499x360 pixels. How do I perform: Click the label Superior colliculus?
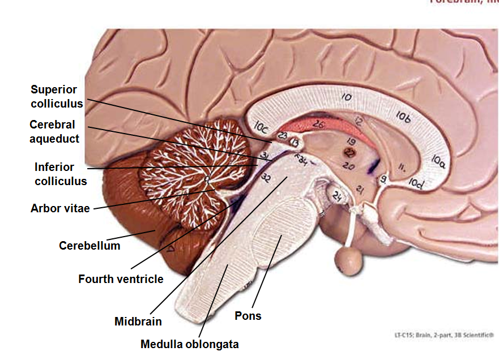[57, 97]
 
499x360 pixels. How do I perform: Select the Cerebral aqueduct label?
[54, 131]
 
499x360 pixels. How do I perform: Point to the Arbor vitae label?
[60, 208]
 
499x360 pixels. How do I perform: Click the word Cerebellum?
[89, 246]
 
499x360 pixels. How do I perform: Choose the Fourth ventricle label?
[121, 279]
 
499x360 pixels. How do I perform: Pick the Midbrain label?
[138, 322]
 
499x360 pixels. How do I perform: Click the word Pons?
[248, 316]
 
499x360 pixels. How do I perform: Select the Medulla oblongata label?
[190, 344]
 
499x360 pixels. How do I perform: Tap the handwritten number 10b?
[403, 117]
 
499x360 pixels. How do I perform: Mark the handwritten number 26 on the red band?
[318, 124]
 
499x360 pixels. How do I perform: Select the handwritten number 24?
[338, 196]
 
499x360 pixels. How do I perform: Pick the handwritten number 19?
[351, 140]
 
